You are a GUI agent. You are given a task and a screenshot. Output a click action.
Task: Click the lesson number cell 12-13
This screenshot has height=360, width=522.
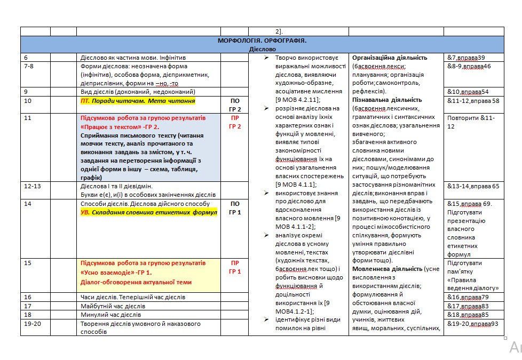(x=35, y=186)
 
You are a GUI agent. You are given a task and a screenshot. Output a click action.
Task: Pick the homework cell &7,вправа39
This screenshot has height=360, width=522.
(x=466, y=58)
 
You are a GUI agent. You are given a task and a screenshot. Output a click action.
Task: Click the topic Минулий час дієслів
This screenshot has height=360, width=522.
(x=113, y=315)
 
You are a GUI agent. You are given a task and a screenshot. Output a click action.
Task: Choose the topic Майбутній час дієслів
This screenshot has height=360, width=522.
(x=113, y=306)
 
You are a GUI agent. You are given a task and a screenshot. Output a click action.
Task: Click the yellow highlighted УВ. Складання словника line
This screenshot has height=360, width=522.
(x=148, y=212)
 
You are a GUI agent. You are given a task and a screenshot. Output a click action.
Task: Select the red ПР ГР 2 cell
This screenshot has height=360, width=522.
(x=235, y=122)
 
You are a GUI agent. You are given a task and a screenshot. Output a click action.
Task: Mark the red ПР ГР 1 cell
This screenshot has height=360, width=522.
(x=235, y=267)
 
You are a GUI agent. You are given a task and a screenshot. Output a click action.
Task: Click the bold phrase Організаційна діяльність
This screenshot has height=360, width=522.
(x=390, y=58)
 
